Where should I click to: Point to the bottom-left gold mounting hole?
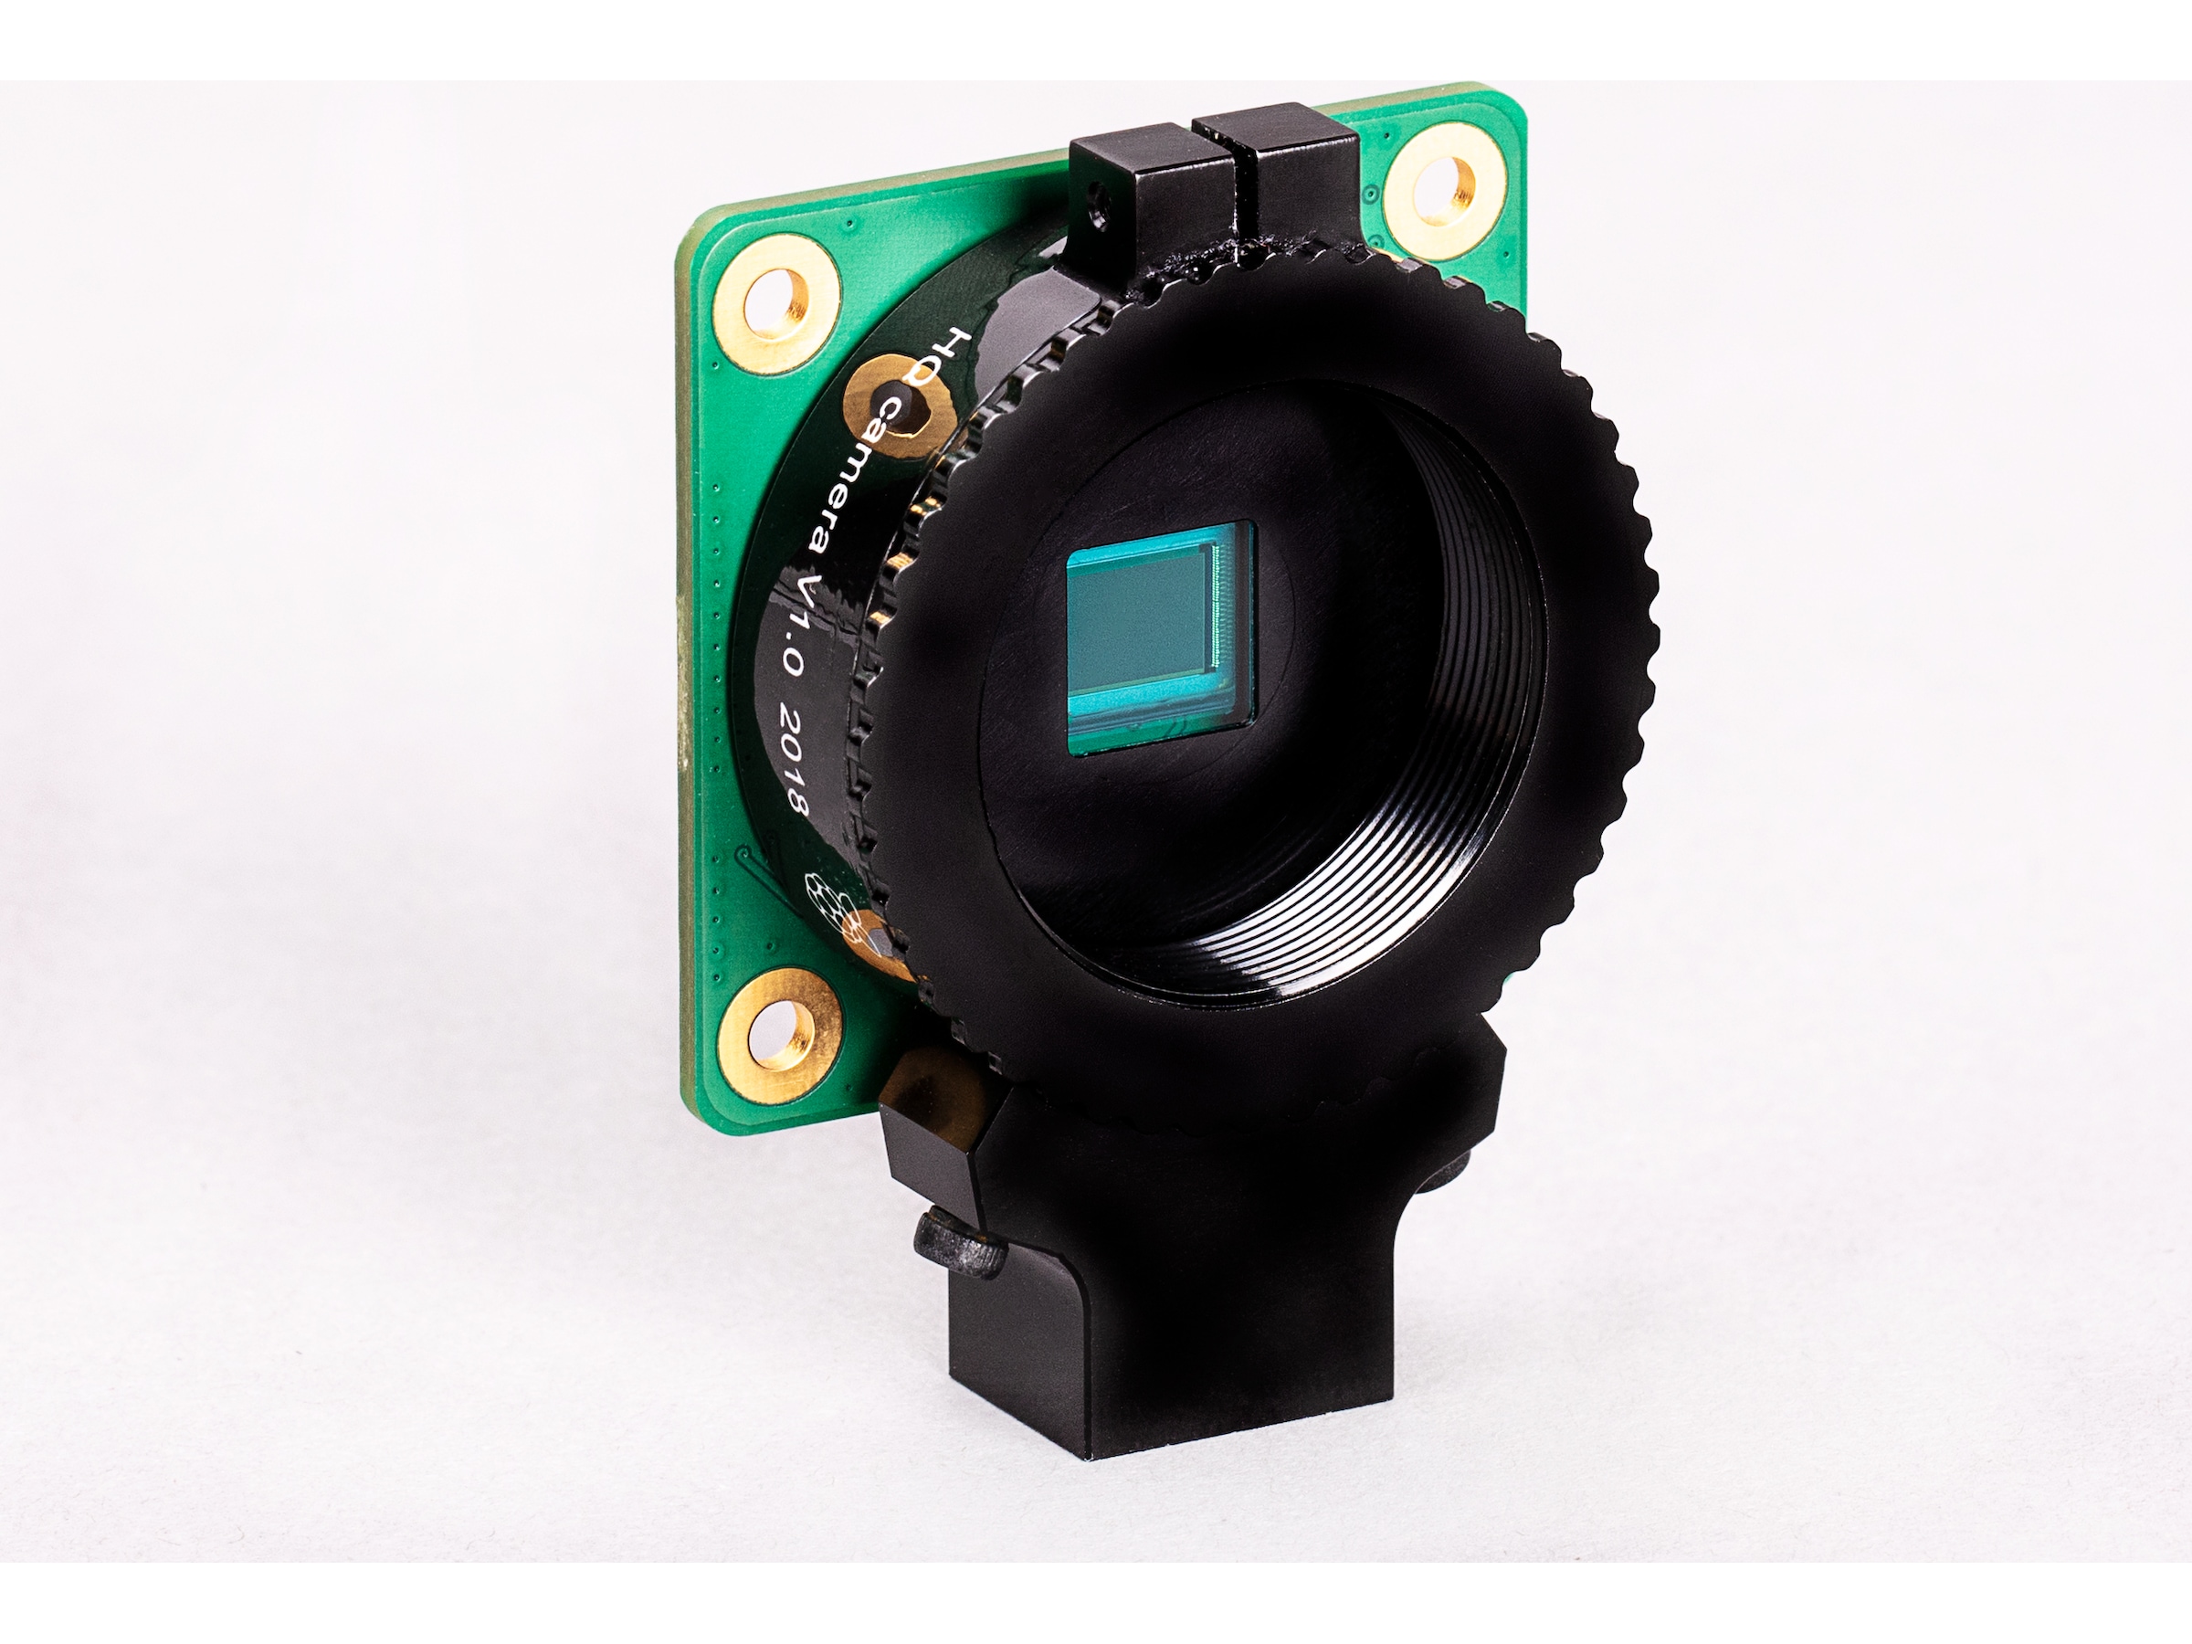780,1036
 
